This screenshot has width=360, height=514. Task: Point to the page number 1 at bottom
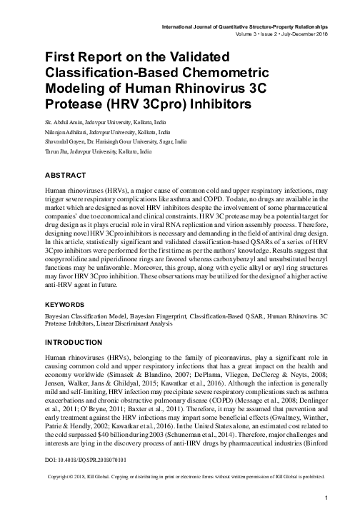coord(325,497)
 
